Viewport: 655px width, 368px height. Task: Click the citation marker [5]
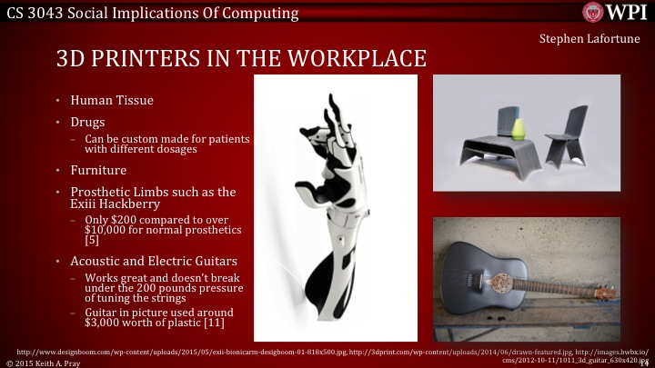92,242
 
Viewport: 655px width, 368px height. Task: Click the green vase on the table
519,129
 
